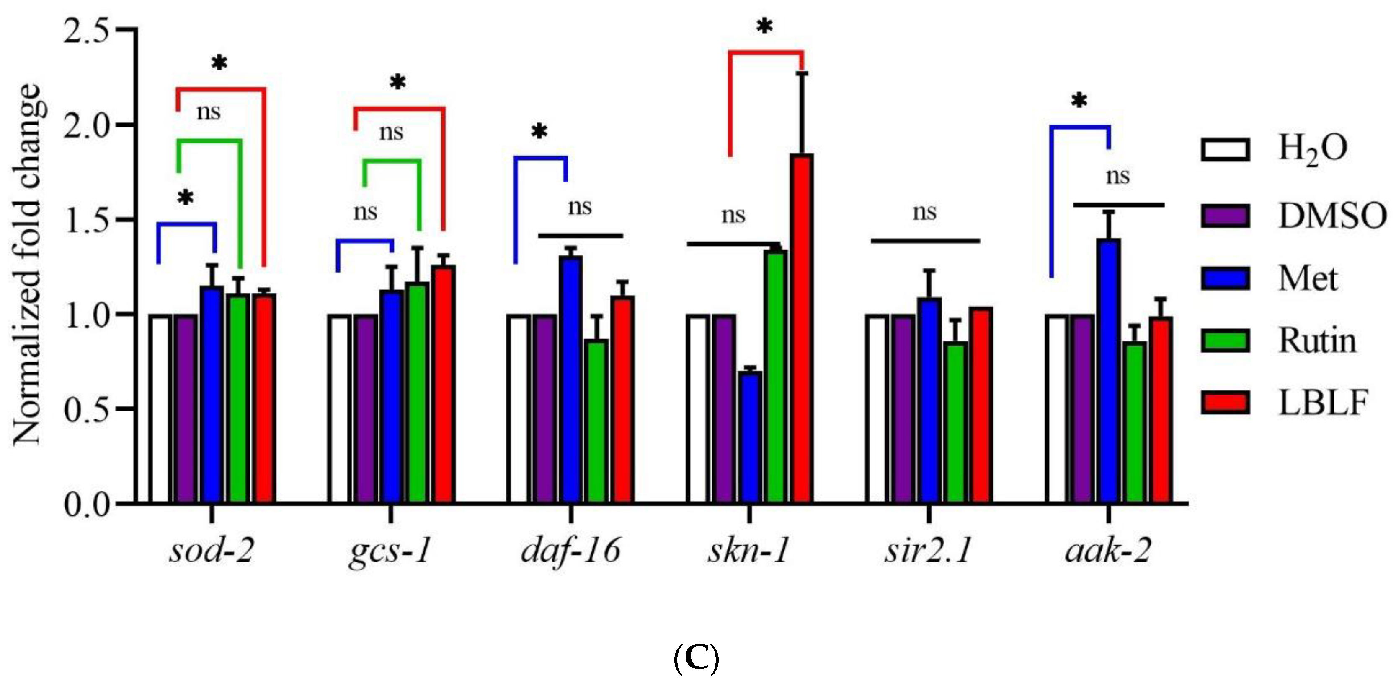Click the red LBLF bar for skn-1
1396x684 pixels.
(x=801, y=328)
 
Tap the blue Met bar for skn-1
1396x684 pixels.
(x=750, y=437)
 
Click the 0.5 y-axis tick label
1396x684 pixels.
(x=87, y=410)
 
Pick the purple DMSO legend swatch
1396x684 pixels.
(x=1225, y=216)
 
